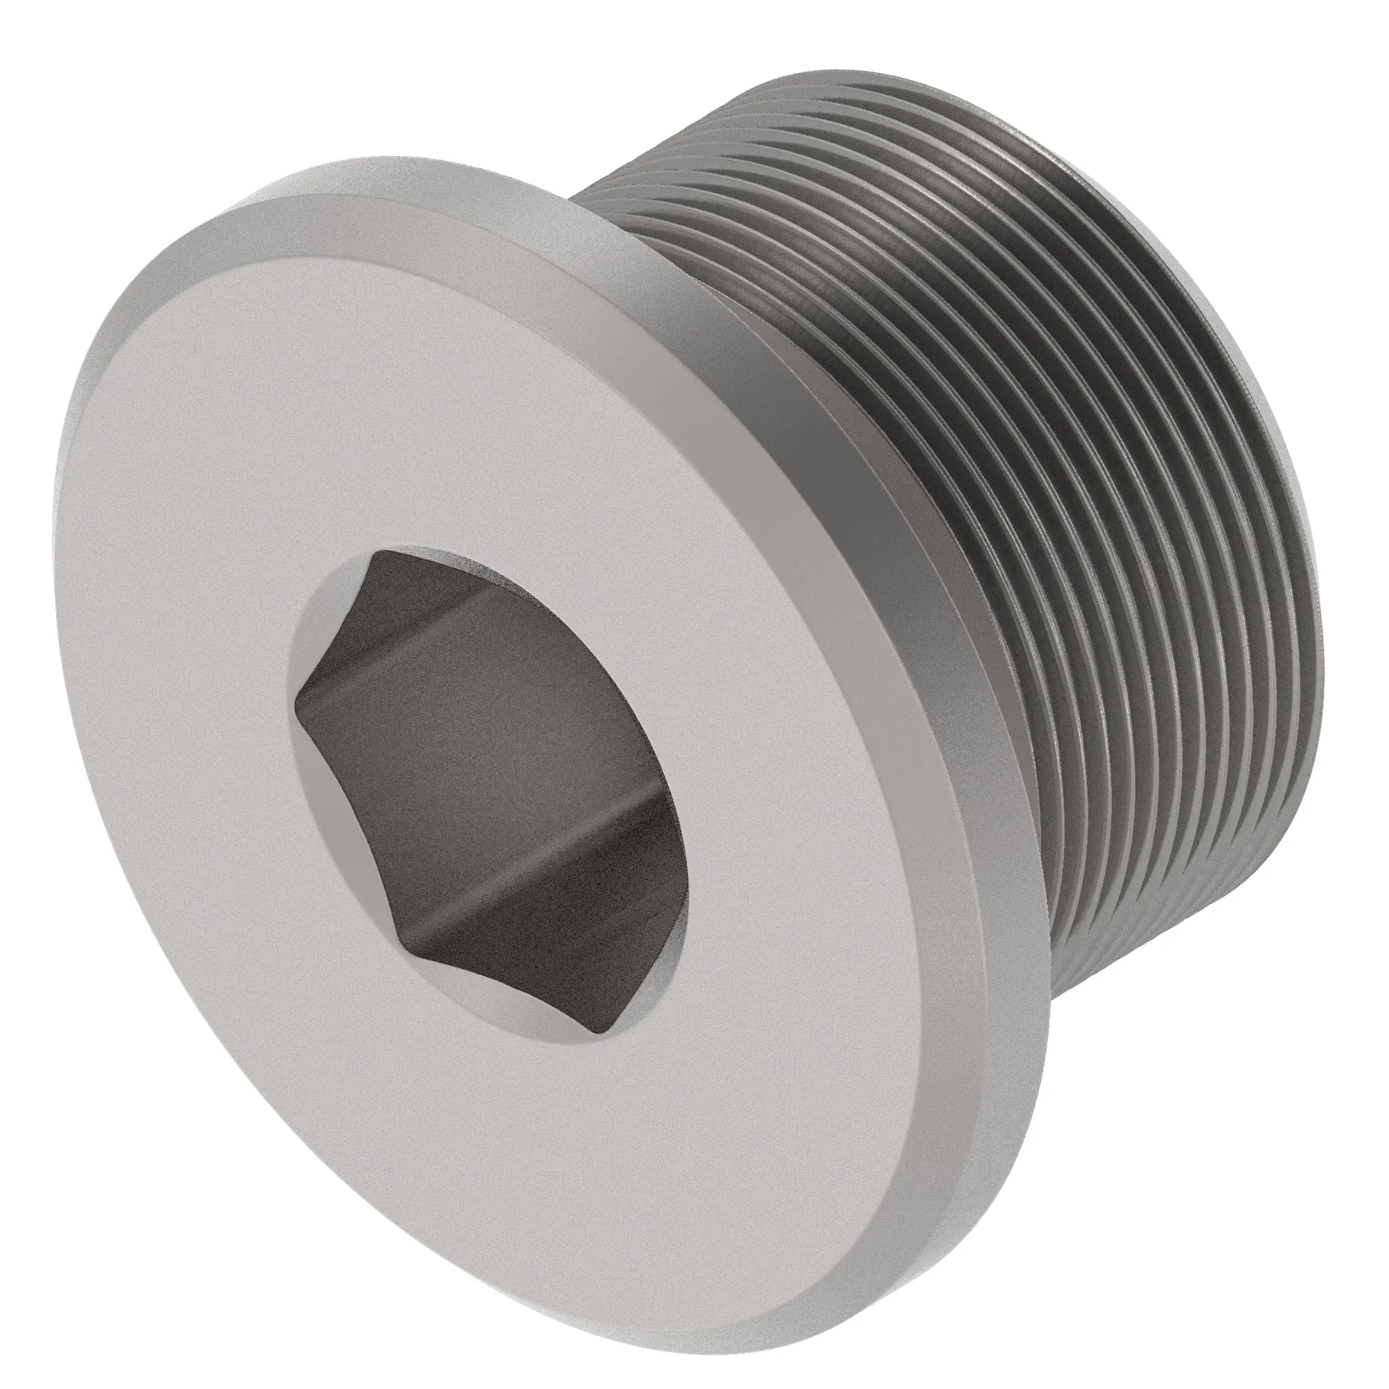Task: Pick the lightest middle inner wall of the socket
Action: (x=489, y=755)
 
